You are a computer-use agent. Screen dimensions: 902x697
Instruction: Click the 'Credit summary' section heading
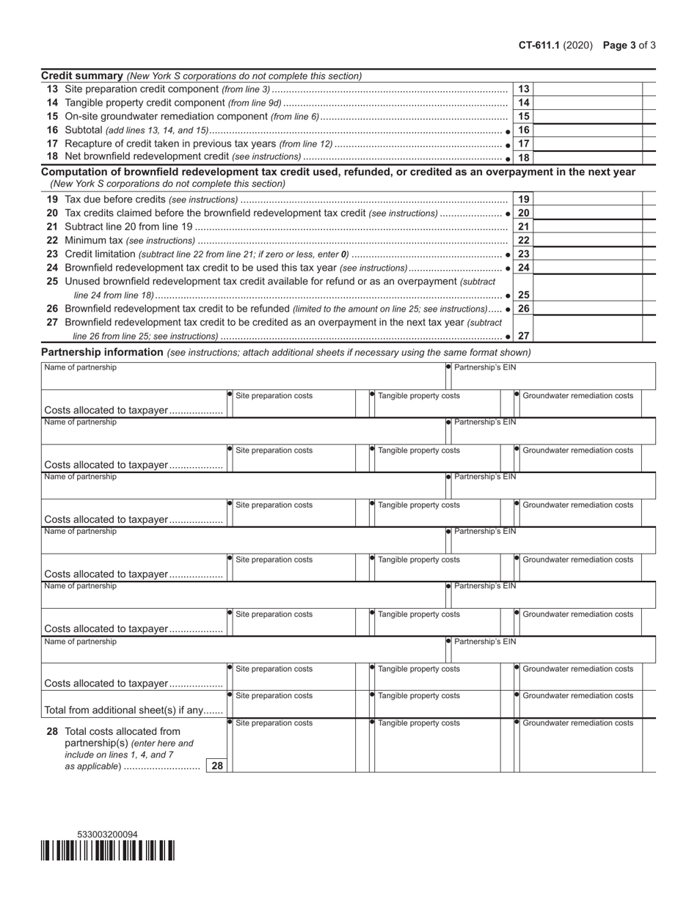point(81,76)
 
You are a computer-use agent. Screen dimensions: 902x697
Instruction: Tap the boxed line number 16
point(524,130)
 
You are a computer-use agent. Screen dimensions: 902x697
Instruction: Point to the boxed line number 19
point(524,199)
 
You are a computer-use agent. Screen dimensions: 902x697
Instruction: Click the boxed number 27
point(524,336)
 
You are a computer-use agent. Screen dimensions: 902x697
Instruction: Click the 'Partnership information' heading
point(102,352)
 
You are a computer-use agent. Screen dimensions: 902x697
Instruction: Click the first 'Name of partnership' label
point(80,367)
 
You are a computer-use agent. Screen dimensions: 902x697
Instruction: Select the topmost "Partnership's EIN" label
point(485,367)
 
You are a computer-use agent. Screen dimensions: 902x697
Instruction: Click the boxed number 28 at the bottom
point(216,766)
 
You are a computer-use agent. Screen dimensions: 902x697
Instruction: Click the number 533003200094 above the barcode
point(107,835)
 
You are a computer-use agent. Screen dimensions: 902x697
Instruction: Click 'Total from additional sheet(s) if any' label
point(134,710)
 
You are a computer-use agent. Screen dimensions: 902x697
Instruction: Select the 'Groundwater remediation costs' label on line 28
point(577,723)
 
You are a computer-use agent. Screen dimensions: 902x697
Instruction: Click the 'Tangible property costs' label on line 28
point(419,723)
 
